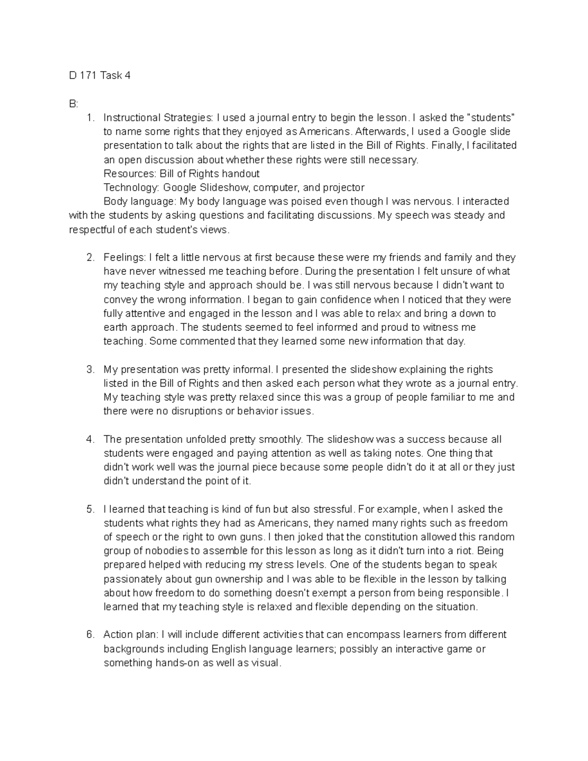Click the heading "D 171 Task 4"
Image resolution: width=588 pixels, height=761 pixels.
[100, 76]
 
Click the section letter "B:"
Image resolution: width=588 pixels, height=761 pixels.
[73, 104]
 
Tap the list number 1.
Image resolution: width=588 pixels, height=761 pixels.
[89, 118]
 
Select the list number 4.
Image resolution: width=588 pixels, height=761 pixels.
[89, 440]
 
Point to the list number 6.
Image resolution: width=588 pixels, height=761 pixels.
[89, 635]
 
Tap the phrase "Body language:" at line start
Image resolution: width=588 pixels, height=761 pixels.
[140, 202]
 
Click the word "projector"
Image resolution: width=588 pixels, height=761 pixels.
[343, 188]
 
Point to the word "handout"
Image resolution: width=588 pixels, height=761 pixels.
[241, 174]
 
